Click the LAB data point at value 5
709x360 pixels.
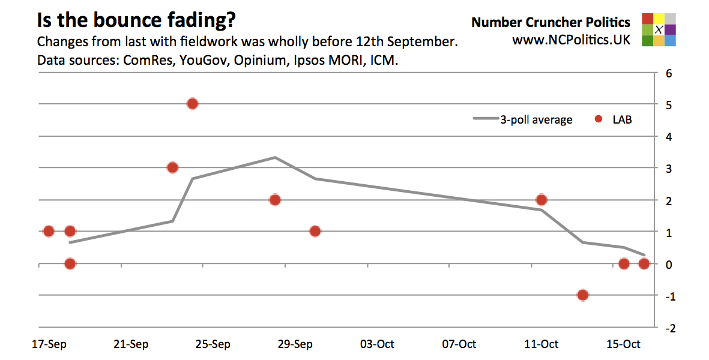click(192, 104)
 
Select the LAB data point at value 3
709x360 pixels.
click(172, 167)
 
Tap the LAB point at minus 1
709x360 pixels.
click(582, 295)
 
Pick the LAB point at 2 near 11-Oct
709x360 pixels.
click(541, 200)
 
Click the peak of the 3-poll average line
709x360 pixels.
click(275, 157)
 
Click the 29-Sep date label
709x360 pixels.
click(295, 344)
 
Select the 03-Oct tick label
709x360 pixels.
click(377, 344)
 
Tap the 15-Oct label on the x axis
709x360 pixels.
click(623, 344)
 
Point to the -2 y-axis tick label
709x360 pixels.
click(668, 329)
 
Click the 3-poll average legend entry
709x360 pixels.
click(523, 119)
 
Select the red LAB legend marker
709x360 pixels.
click(599, 119)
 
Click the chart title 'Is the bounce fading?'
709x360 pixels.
click(136, 21)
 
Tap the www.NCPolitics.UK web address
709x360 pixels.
click(571, 40)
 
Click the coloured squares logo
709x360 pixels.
click(659, 29)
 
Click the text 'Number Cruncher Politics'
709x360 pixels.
click(551, 22)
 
